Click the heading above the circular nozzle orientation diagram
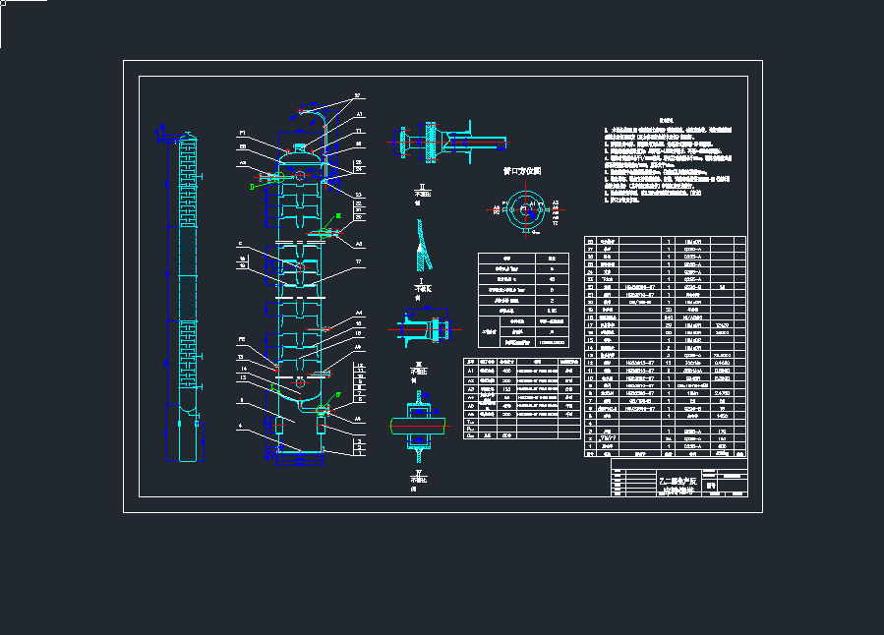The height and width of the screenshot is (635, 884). [x=522, y=170]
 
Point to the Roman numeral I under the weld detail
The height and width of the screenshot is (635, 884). [x=421, y=280]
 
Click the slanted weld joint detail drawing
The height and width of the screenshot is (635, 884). [x=421, y=246]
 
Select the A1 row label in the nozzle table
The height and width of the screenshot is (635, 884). [x=470, y=371]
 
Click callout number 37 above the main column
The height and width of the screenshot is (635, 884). [x=358, y=96]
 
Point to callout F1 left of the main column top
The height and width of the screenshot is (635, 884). [x=242, y=133]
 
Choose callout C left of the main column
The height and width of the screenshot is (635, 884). [x=240, y=244]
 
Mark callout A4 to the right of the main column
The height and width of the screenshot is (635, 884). [x=359, y=311]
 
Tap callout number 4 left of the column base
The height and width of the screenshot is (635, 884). [x=241, y=425]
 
